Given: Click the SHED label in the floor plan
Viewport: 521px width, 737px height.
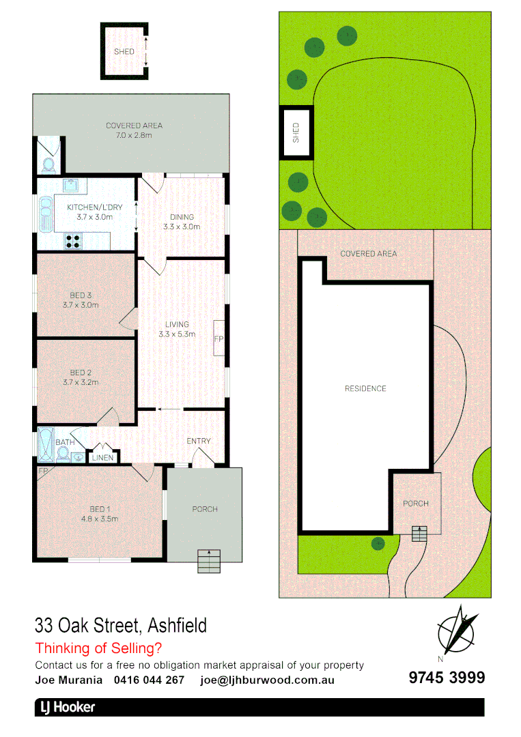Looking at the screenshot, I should coord(124,52).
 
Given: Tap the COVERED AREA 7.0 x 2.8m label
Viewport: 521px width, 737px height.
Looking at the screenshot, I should coord(134,130).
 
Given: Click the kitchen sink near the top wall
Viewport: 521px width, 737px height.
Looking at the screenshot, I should coord(71,185).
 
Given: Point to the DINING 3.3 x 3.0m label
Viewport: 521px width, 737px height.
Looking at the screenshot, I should coord(182,222).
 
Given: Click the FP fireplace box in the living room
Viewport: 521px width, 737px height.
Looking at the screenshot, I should coord(219,338).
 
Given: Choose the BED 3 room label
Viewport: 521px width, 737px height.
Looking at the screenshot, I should coord(81,300).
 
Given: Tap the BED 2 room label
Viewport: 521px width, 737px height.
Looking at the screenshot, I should coord(81,377).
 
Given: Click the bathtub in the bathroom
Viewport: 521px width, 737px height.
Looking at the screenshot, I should coord(46,444).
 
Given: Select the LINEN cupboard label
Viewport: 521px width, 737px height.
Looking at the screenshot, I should coord(103,457).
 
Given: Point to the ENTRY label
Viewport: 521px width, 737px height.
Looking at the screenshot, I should coord(199,441).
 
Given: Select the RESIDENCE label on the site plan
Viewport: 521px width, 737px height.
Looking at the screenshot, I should coord(365,388).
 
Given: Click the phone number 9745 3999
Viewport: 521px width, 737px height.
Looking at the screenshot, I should coord(447,678).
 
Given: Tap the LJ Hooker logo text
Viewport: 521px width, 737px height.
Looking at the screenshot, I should coord(66,708).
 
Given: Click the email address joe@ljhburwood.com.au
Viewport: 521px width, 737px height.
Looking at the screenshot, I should coord(267,680).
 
